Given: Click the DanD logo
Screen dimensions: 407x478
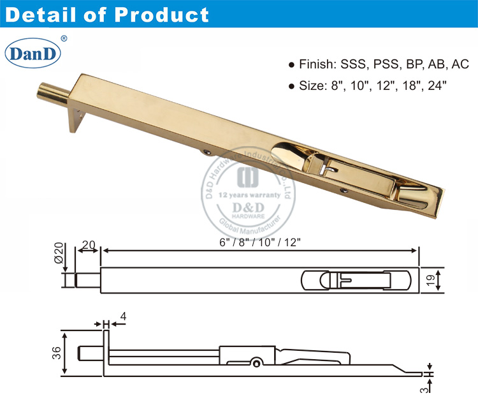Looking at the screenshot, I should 33,53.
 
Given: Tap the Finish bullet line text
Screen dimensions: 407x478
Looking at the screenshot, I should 376,64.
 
